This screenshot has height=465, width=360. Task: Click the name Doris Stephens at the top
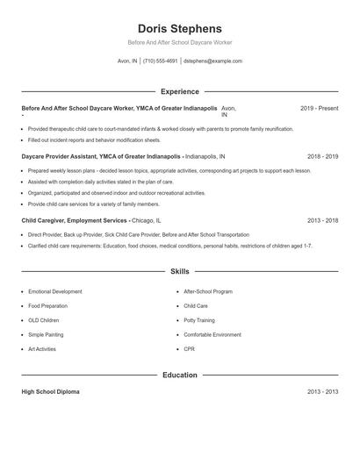pos(179,28)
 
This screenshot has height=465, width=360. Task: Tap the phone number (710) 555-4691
pos(160,61)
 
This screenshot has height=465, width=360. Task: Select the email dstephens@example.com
pos(212,61)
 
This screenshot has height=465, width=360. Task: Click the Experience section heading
pos(179,91)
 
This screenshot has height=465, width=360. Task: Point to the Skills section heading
pos(179,272)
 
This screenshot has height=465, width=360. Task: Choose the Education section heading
pos(179,375)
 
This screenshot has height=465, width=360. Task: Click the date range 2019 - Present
pos(319,108)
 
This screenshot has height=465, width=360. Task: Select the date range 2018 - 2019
pos(322,155)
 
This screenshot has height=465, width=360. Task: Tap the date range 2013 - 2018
pos(322,221)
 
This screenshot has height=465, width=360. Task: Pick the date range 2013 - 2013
pos(322,391)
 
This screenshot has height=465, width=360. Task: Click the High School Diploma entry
pos(50,391)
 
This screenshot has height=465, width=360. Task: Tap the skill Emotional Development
pos(55,290)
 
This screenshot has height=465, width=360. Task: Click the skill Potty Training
pos(198,320)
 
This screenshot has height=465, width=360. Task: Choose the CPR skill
pos(190,349)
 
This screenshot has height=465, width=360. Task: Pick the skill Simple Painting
pos(47,334)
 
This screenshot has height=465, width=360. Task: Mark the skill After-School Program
pos(208,290)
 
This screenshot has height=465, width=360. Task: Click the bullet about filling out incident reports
pos(94,139)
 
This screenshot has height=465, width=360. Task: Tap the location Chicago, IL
pos(147,221)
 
